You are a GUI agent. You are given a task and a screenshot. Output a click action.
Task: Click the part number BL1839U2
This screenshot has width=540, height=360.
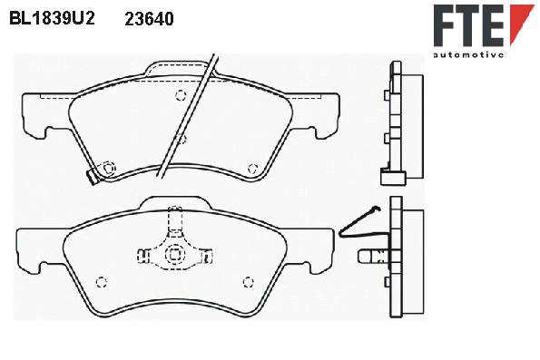pyautogui.click(x=52, y=18)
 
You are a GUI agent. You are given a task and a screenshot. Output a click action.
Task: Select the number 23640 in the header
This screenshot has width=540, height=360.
pyautogui.click(x=149, y=19)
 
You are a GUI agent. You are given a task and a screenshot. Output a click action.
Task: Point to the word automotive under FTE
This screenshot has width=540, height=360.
pyautogui.click(x=468, y=54)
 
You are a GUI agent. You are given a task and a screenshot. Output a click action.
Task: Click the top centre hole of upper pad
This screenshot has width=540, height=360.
pyautogui.click(x=181, y=95)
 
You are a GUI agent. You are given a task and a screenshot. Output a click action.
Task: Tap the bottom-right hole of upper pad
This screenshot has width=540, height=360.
pyautogui.click(x=253, y=169)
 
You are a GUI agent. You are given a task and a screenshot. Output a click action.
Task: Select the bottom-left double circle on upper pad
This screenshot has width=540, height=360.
pyautogui.click(x=108, y=169)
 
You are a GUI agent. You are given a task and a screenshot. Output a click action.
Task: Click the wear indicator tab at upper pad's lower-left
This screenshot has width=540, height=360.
pyautogui.click(x=93, y=177)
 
